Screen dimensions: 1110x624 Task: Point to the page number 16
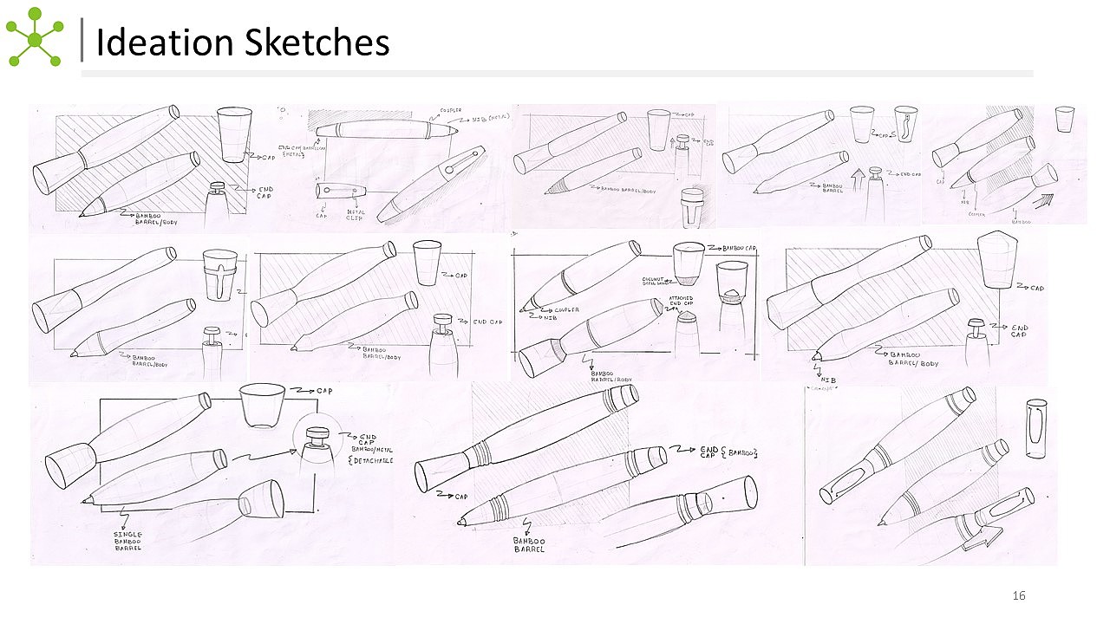(1019, 595)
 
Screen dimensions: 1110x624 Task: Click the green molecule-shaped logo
(34, 37)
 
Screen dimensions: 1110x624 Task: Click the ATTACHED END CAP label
(681, 302)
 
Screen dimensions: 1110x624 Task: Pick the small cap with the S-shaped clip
(905, 124)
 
